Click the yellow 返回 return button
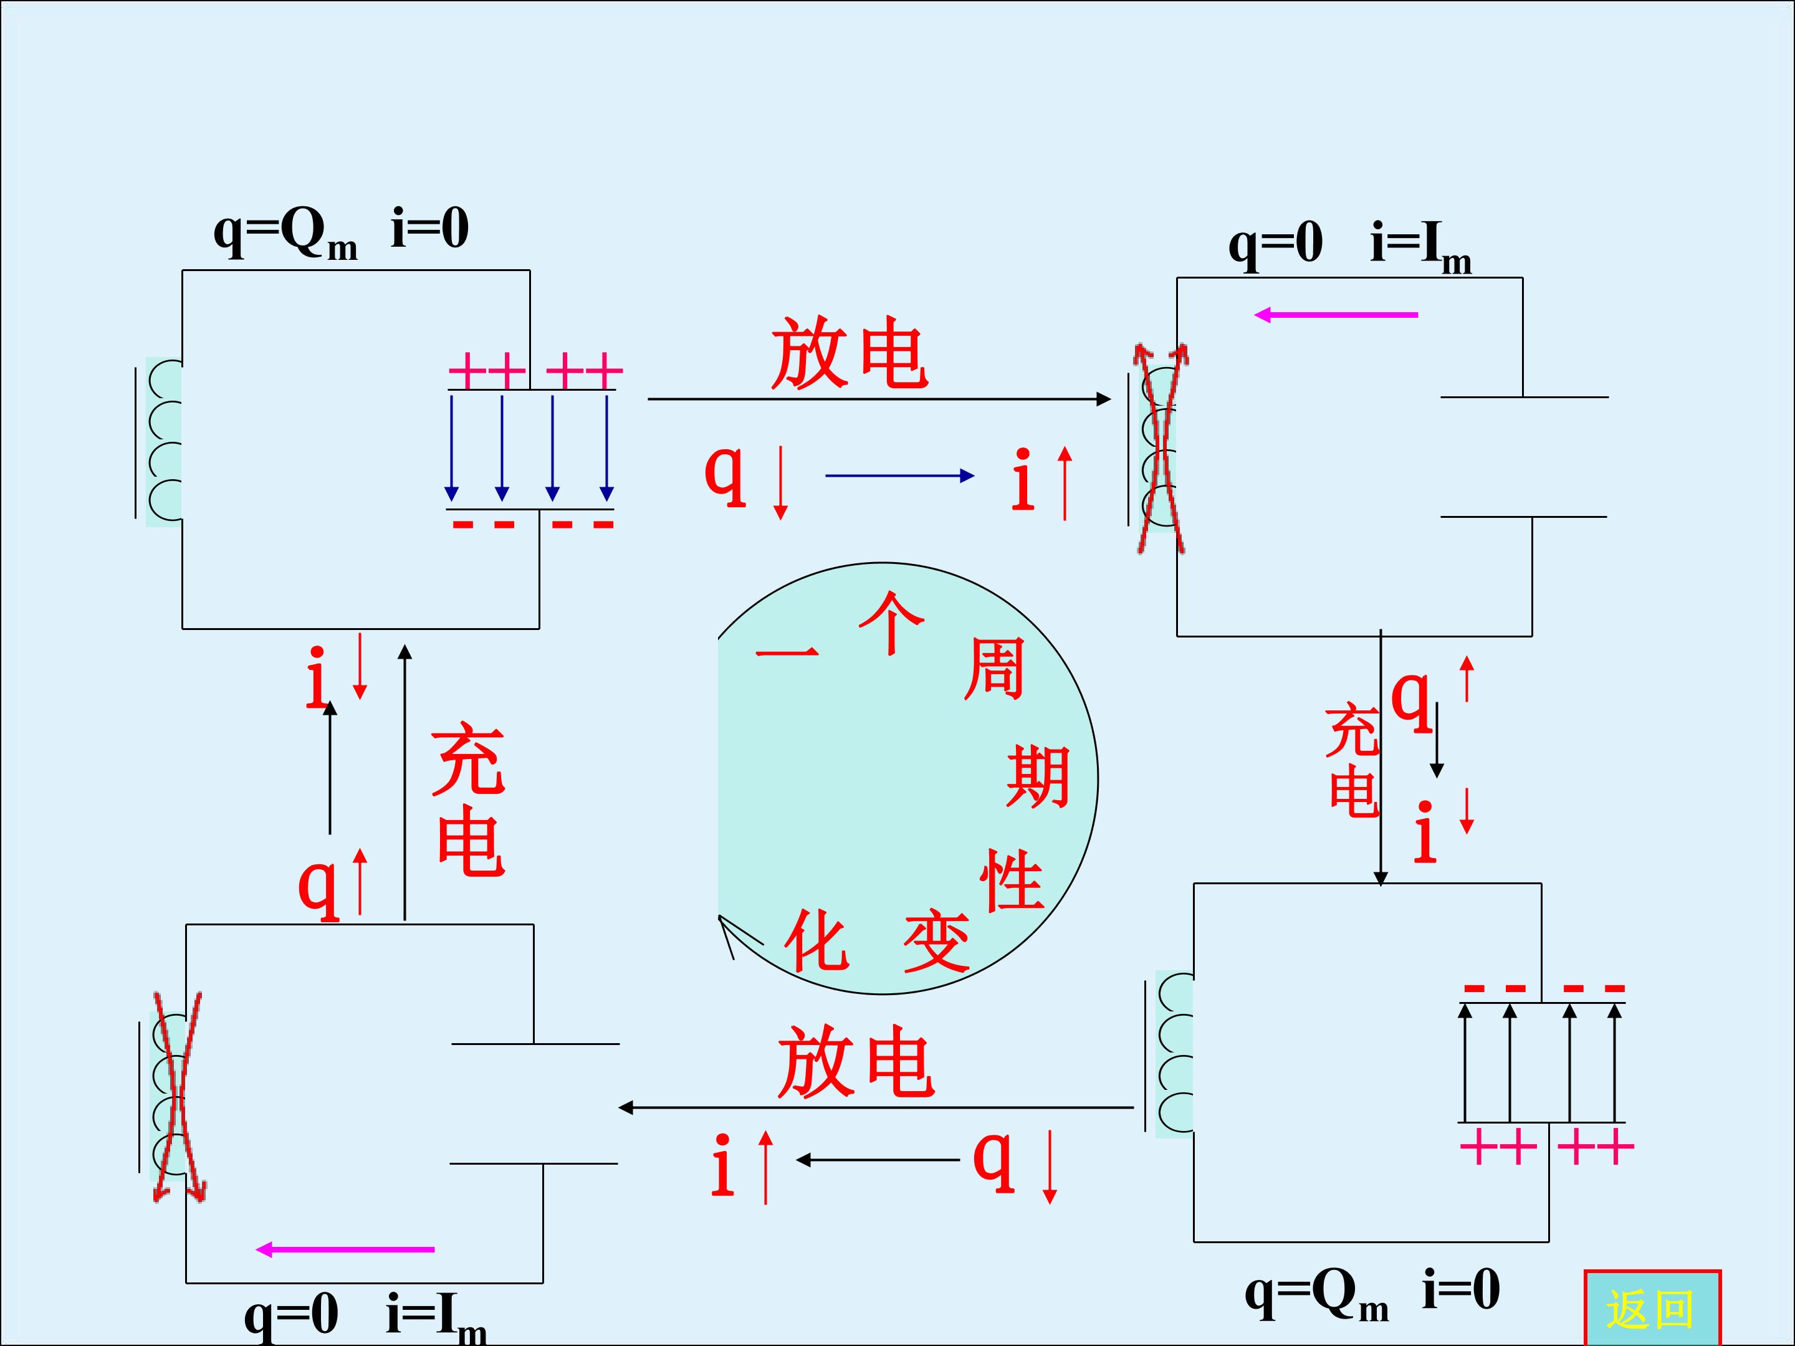[x=1652, y=1308]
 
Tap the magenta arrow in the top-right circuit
[x=1336, y=315]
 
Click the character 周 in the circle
[x=994, y=669]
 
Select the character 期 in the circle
[x=1038, y=776]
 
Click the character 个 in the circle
[x=892, y=623]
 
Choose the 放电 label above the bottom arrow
[x=856, y=1061]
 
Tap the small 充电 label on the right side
[x=1352, y=761]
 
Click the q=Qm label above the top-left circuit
[x=285, y=234]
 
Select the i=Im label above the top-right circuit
[x=1420, y=247]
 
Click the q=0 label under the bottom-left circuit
[x=291, y=1315]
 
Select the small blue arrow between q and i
[x=900, y=476]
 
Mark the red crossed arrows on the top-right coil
[x=1161, y=449]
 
